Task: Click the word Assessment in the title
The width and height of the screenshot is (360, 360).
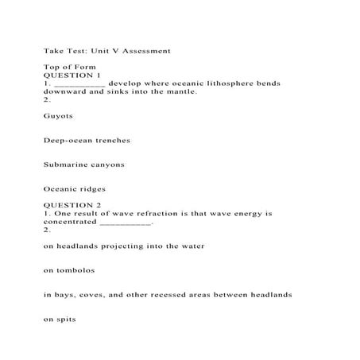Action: tap(143, 51)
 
